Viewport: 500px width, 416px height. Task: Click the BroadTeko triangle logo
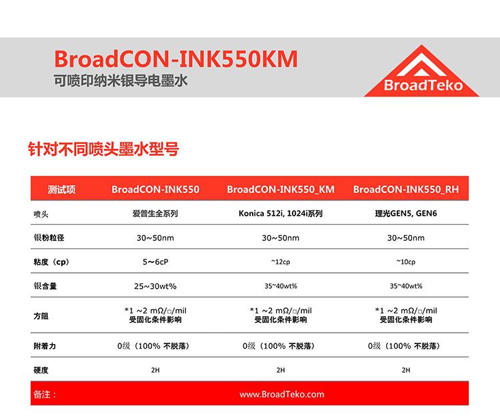pyautogui.click(x=421, y=71)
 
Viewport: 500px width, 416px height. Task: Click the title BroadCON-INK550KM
pyautogui.click(x=176, y=59)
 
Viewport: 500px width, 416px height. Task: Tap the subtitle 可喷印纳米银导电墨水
pyautogui.click(x=121, y=81)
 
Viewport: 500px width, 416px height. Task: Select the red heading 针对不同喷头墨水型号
pyautogui.click(x=103, y=148)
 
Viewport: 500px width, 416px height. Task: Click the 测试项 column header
pyautogui.click(x=61, y=190)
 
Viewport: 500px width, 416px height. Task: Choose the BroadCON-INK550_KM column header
pyautogui.click(x=281, y=190)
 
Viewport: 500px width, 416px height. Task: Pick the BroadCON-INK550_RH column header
pyautogui.click(x=405, y=190)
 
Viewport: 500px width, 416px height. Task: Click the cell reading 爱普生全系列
pyautogui.click(x=155, y=213)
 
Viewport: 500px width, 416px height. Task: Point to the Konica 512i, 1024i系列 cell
pyautogui.click(x=281, y=213)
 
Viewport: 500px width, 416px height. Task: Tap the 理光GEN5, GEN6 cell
pyautogui.click(x=406, y=213)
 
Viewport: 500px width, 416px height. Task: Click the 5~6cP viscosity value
pyautogui.click(x=155, y=262)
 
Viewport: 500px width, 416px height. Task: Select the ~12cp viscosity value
pyautogui.click(x=281, y=262)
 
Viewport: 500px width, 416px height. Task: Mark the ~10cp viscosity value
pyautogui.click(x=406, y=262)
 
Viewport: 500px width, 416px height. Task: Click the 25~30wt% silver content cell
pyautogui.click(x=155, y=286)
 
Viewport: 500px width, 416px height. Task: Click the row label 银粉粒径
pyautogui.click(x=49, y=238)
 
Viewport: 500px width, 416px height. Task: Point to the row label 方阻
pyautogui.click(x=41, y=316)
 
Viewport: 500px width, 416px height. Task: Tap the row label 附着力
pyautogui.click(x=45, y=346)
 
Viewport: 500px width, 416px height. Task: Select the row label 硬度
pyautogui.click(x=41, y=370)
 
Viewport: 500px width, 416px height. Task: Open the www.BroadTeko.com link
pyautogui.click(x=281, y=394)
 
